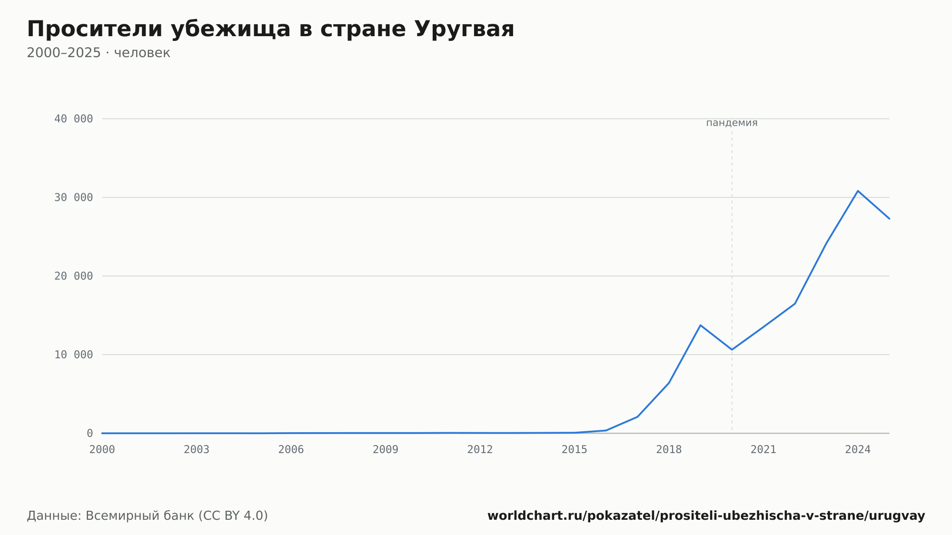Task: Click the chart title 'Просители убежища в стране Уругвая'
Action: click(x=270, y=30)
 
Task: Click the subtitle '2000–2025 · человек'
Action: click(x=99, y=53)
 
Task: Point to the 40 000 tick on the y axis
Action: click(x=73, y=119)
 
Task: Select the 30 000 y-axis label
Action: click(x=73, y=198)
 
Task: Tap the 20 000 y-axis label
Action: click(x=73, y=276)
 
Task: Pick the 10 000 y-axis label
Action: click(x=73, y=355)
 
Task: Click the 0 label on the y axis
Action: click(x=90, y=433)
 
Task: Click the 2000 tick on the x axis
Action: click(x=102, y=450)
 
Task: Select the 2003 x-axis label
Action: click(x=197, y=450)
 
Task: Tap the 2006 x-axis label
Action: click(x=291, y=450)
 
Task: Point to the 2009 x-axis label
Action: click(x=386, y=450)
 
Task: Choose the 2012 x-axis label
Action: click(x=480, y=450)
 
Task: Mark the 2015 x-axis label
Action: click(x=575, y=450)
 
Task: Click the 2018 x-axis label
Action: click(x=669, y=450)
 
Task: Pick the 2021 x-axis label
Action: click(x=764, y=450)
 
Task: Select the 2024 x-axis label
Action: click(x=858, y=450)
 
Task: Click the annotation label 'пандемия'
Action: click(x=732, y=123)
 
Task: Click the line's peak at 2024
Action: click(x=858, y=191)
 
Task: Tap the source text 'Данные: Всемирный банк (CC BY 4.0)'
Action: click(x=148, y=516)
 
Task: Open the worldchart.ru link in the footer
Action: click(x=706, y=516)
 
